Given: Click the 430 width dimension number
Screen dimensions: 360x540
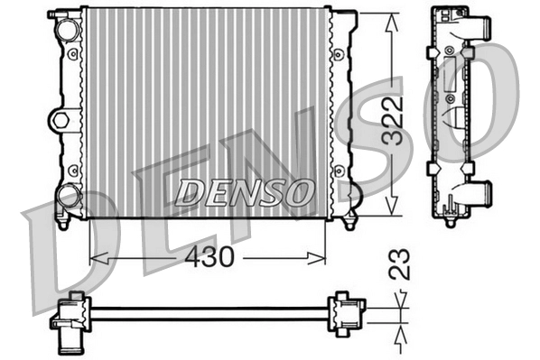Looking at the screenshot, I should (209, 256).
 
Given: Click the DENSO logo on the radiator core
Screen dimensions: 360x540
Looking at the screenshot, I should (244, 191).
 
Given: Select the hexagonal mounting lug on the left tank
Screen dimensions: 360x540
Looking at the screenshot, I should (61, 119).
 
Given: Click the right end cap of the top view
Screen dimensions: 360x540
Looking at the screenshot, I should (344, 314).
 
